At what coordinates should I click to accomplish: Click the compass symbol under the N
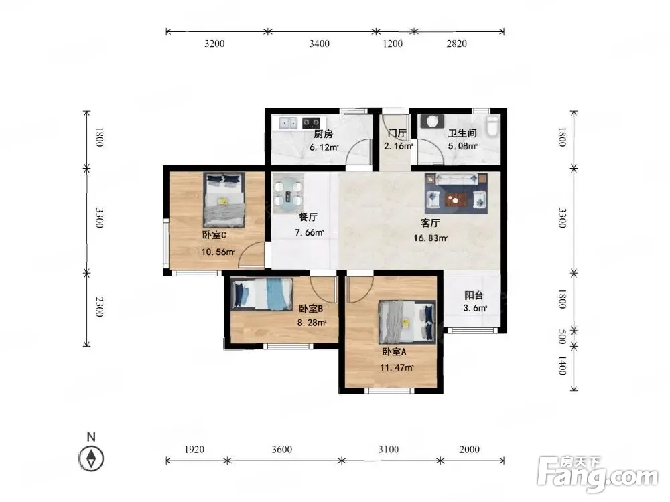coord(91,458)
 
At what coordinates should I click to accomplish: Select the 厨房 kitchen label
coord(323,134)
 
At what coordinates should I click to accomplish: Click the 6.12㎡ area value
coord(324,148)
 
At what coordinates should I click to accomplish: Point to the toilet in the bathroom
coord(492,126)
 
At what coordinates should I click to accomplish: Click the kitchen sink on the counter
coord(288,123)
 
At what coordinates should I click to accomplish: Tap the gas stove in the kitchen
coord(311,123)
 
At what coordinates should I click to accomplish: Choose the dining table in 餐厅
coord(288,193)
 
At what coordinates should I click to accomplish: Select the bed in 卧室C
coord(224,199)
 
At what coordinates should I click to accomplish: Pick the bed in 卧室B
coord(262,294)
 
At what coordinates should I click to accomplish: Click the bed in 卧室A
coord(407,322)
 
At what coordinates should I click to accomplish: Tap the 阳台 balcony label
coord(474,295)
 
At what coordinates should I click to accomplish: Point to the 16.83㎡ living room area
coord(430,238)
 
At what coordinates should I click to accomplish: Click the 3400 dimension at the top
coord(319,44)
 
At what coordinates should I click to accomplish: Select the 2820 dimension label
coord(456,44)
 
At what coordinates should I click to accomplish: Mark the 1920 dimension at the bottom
coord(194,450)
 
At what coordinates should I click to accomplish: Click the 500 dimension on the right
coord(562,337)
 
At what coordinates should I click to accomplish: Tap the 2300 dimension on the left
coord(99,307)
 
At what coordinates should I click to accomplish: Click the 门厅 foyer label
coord(397,133)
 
